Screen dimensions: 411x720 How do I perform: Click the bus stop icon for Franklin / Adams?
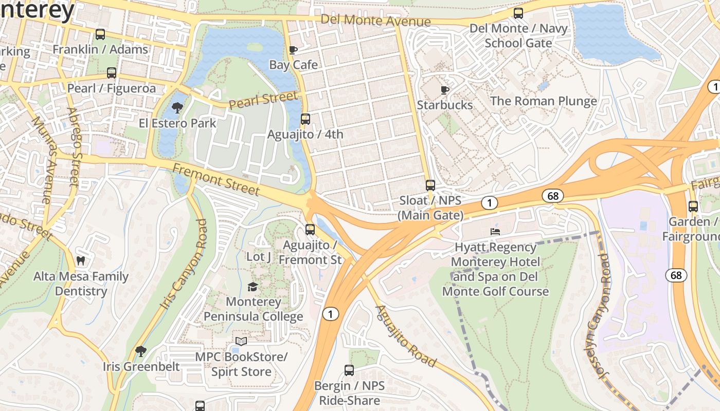(100, 34)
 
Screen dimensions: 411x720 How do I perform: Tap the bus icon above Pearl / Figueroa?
(112, 73)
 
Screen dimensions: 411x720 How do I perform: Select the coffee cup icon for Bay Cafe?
(293, 50)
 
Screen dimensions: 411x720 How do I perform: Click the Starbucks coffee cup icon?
(445, 90)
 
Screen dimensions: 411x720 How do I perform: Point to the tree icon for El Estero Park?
(177, 108)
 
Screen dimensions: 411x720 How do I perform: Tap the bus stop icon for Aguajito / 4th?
(305, 119)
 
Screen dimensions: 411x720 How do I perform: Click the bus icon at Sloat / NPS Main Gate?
(430, 185)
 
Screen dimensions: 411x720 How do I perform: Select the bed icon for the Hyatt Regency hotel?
(495, 232)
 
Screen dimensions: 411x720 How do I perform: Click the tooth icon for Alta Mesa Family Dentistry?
(81, 261)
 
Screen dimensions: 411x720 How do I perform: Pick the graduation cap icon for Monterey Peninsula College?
(253, 287)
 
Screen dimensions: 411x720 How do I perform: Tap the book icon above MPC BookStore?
(241, 341)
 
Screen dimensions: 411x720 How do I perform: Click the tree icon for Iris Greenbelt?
(140, 351)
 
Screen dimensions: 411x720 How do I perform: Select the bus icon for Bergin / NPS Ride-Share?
(349, 370)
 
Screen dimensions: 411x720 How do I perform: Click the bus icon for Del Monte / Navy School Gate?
(518, 13)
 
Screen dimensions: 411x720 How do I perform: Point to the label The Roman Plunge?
(544, 101)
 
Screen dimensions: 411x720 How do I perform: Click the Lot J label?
(259, 256)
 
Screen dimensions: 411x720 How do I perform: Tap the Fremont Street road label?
(216, 179)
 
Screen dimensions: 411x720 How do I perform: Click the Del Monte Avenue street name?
(375, 21)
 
